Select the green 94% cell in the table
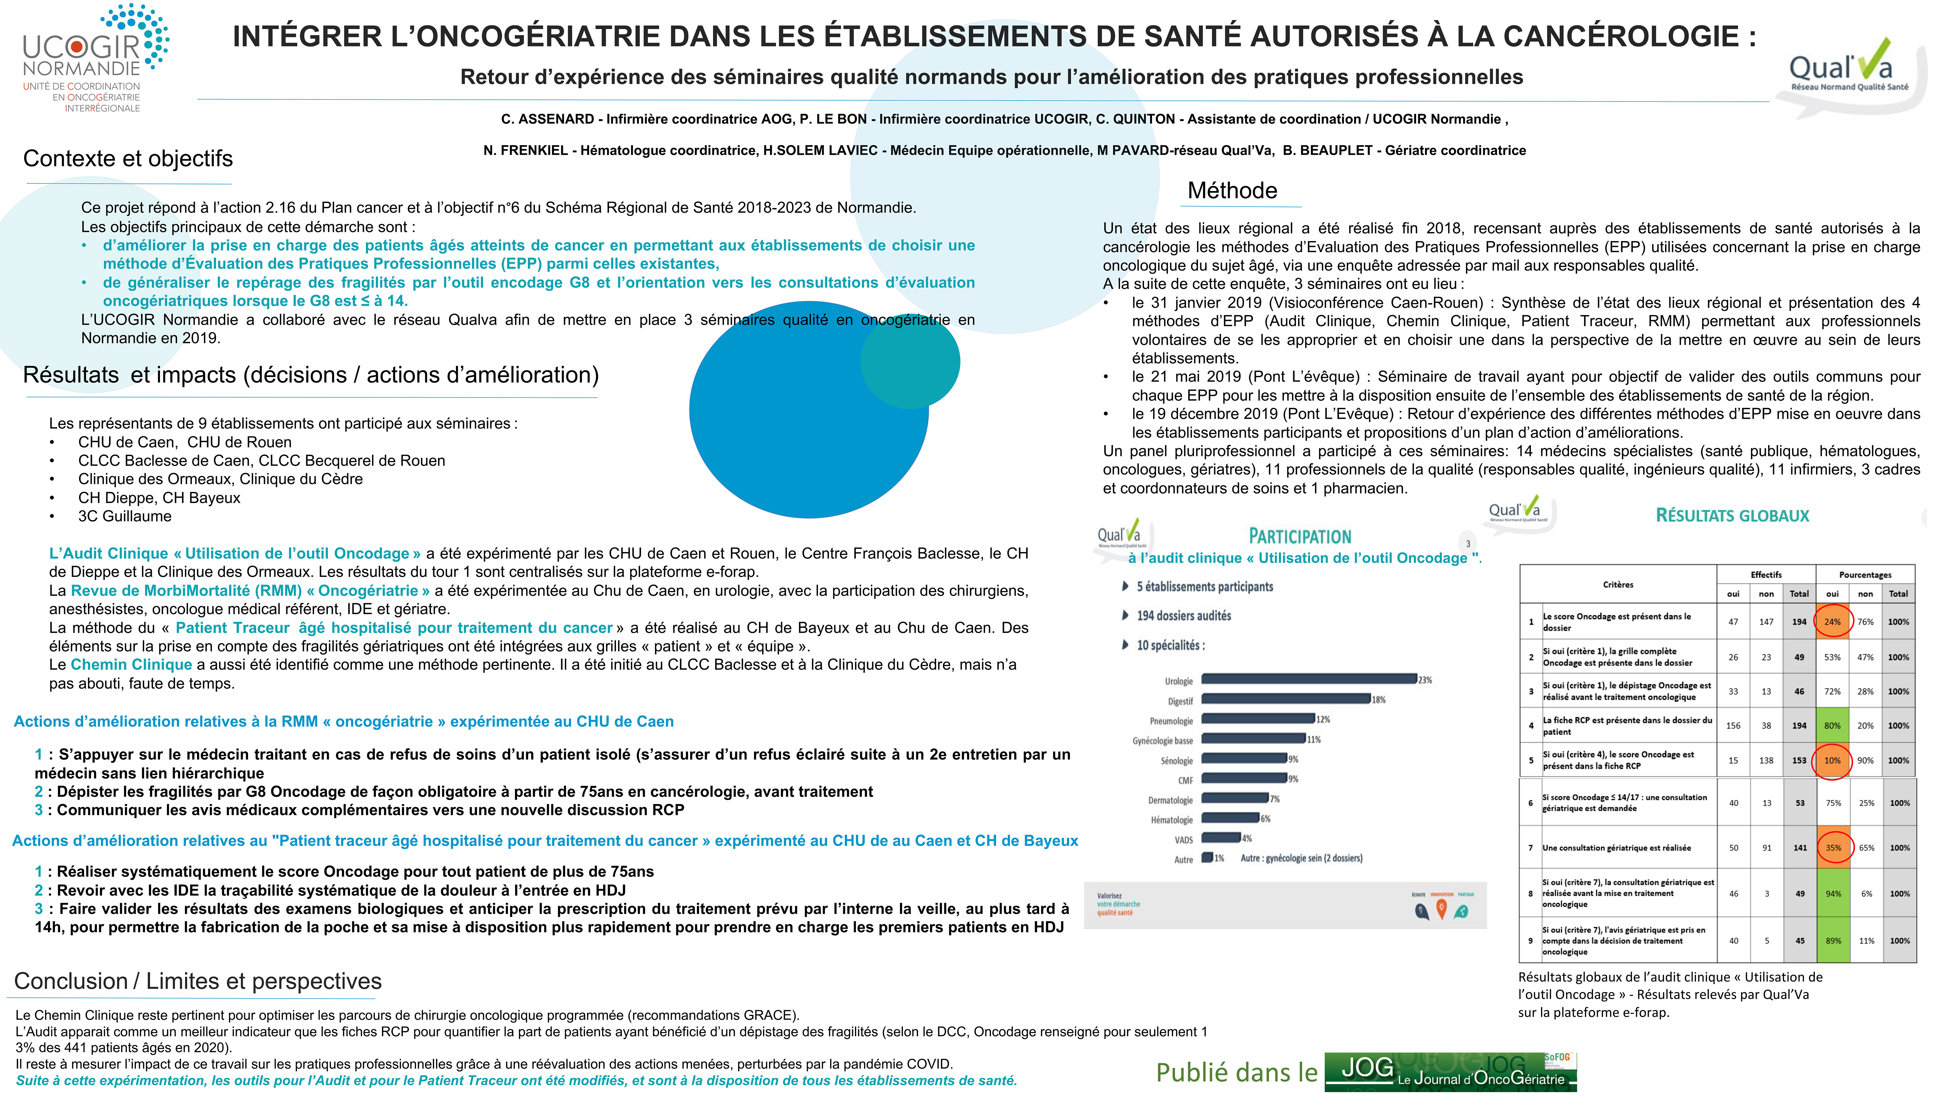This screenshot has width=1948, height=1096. (1833, 893)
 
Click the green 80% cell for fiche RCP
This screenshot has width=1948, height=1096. (1832, 725)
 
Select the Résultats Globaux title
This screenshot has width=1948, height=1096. (1732, 516)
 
